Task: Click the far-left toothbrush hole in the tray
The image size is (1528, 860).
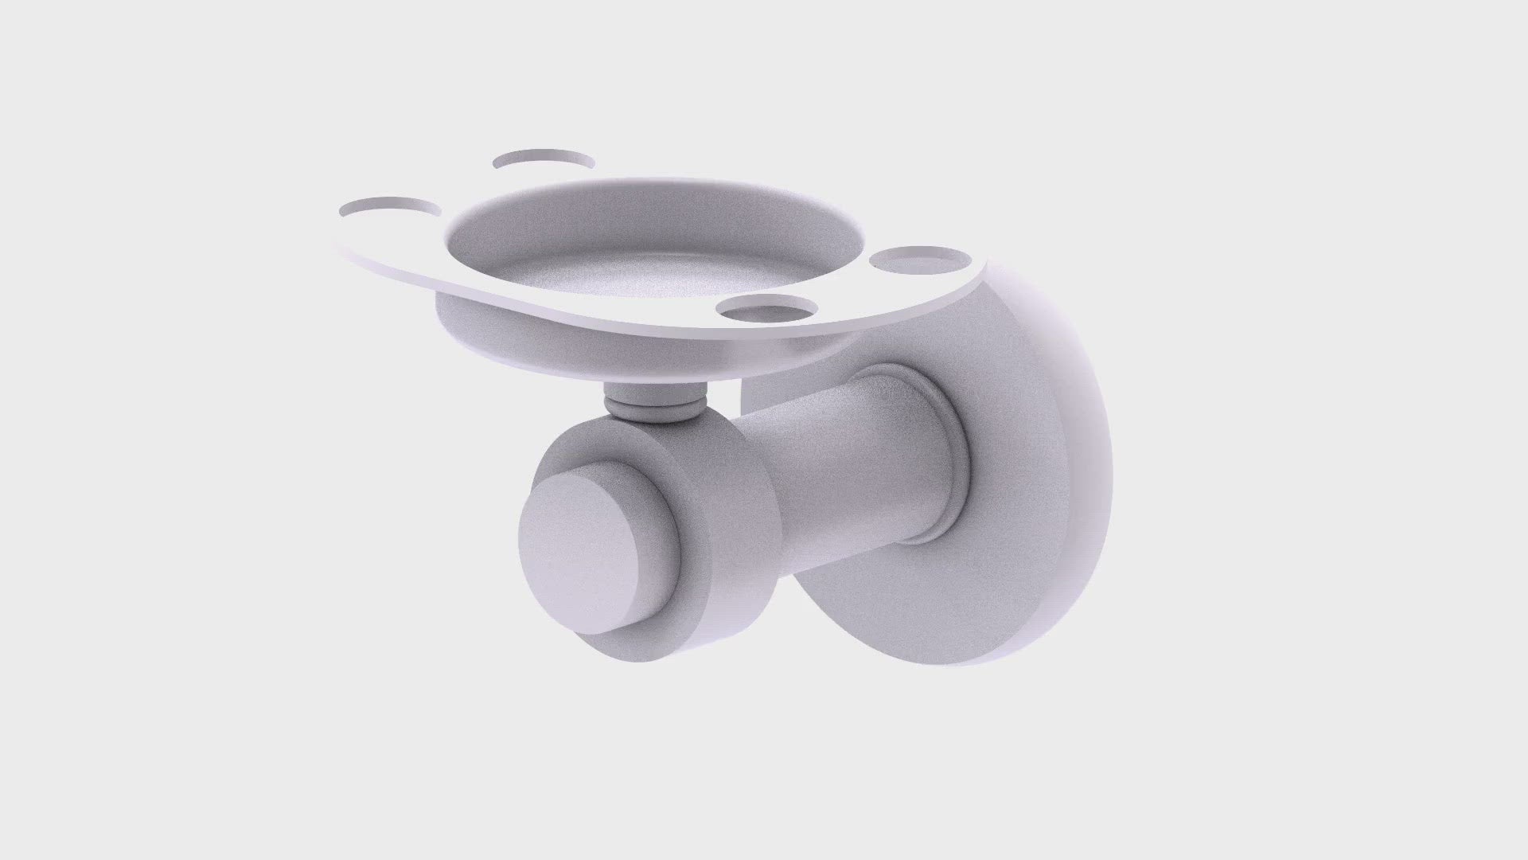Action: click(389, 208)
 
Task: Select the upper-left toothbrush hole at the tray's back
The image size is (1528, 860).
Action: click(544, 159)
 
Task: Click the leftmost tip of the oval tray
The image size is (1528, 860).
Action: click(338, 239)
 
